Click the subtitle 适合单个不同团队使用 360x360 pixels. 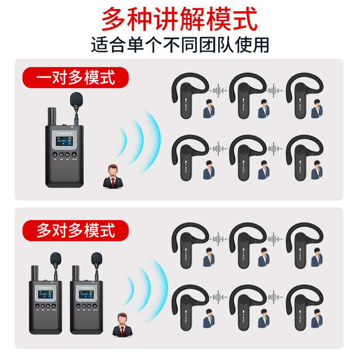[179, 44]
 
